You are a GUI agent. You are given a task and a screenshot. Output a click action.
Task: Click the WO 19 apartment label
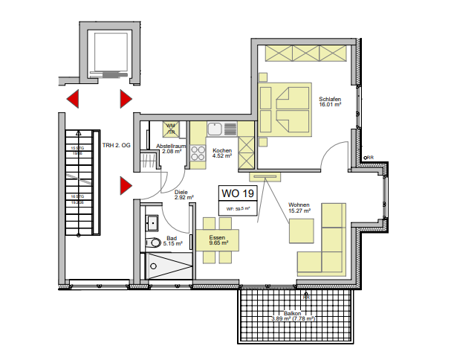237,194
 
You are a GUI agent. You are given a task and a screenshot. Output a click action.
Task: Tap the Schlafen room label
330,102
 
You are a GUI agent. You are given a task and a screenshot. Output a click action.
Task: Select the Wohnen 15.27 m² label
299,208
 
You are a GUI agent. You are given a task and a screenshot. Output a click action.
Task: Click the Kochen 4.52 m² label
222,153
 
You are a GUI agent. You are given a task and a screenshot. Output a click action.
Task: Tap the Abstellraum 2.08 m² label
171,149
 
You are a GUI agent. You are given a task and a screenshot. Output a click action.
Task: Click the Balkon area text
292,316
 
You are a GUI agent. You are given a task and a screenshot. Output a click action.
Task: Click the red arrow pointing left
73,98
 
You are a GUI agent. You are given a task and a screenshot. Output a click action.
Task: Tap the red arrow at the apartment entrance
126,186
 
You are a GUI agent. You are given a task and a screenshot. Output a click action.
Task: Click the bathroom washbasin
152,222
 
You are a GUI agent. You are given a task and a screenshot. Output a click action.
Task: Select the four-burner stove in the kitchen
198,153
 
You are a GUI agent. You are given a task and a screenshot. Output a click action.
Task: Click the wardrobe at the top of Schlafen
305,53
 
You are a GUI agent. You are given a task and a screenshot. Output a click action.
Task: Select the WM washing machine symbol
171,128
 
